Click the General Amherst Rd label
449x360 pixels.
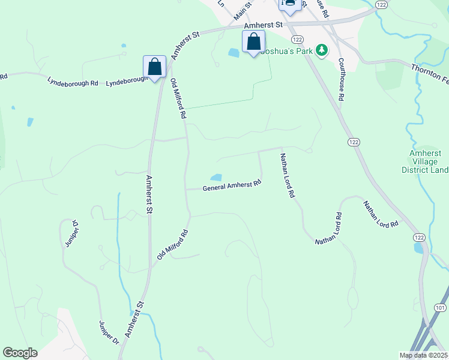(x=232, y=185)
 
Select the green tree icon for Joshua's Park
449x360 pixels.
(x=322, y=50)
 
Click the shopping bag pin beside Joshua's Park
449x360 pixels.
(x=253, y=43)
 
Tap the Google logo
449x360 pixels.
(x=20, y=353)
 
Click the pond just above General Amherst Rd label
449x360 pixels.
(x=215, y=178)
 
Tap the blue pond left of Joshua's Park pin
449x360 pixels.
(x=233, y=53)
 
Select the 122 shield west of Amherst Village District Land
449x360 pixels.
(x=354, y=142)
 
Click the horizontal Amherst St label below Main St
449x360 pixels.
(x=263, y=26)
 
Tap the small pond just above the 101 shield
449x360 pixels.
(x=418, y=248)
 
